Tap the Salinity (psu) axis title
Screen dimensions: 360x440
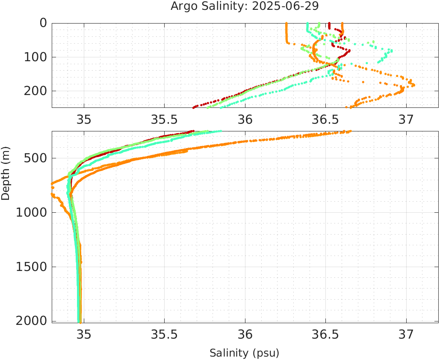(x=244, y=353)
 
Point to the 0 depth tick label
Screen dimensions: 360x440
(x=43, y=23)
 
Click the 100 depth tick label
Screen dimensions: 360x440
(x=34, y=57)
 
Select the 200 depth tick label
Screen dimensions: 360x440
(x=34, y=91)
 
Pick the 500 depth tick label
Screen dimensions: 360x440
(x=34, y=158)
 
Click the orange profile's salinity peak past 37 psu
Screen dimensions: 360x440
(x=413, y=85)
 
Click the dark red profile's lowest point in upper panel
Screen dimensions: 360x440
(x=194, y=107)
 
